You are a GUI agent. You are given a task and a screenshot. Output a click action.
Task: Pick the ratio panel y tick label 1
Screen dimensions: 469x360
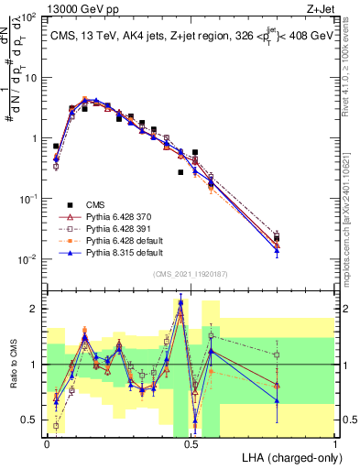35,365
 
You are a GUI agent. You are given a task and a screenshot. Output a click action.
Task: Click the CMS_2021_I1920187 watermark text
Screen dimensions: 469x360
191,275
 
